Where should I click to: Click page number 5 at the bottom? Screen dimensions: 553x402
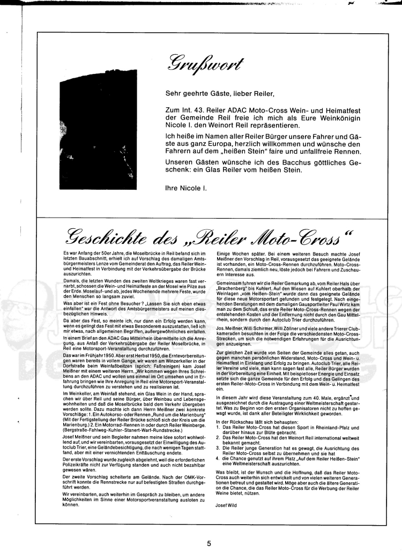click(209, 543)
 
